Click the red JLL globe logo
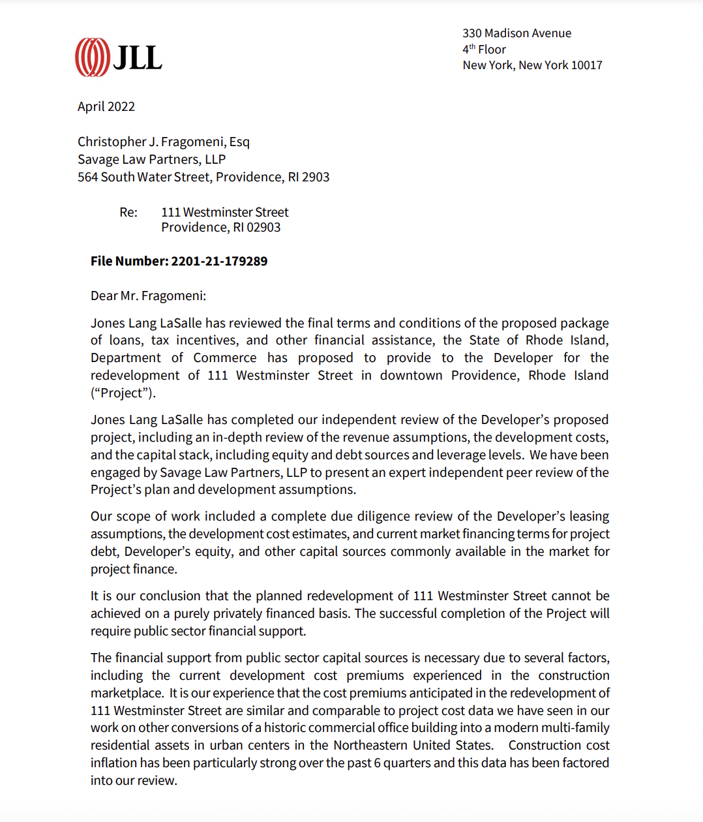click(92, 57)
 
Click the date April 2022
click(106, 107)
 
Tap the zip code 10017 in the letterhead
click(587, 65)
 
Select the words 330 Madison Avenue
click(516, 33)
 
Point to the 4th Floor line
click(484, 50)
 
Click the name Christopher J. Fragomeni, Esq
click(163, 142)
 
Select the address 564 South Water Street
click(144, 177)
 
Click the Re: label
click(128, 213)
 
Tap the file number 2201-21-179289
click(219, 262)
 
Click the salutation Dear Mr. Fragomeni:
click(148, 296)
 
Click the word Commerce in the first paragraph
click(225, 358)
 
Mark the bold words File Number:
click(129, 262)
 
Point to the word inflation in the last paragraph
click(113, 763)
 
